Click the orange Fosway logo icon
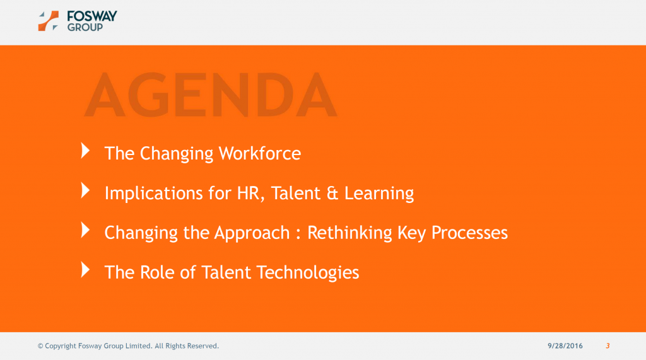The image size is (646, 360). [48, 21]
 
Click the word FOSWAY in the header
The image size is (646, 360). [92, 16]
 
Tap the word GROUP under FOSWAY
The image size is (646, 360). [85, 27]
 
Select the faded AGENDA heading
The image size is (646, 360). [211, 95]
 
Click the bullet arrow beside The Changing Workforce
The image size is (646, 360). [85, 151]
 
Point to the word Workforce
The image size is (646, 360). [259, 153]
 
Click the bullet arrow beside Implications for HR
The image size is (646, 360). [85, 190]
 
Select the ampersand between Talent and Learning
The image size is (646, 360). [332, 194]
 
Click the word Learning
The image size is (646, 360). [379, 194]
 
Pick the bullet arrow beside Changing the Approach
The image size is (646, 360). [85, 230]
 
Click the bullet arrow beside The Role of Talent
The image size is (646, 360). [85, 269]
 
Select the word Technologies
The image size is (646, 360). [308, 272]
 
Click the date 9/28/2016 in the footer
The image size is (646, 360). [565, 346]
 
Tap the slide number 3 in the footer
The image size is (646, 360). [608, 346]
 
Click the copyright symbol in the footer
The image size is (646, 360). [40, 346]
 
